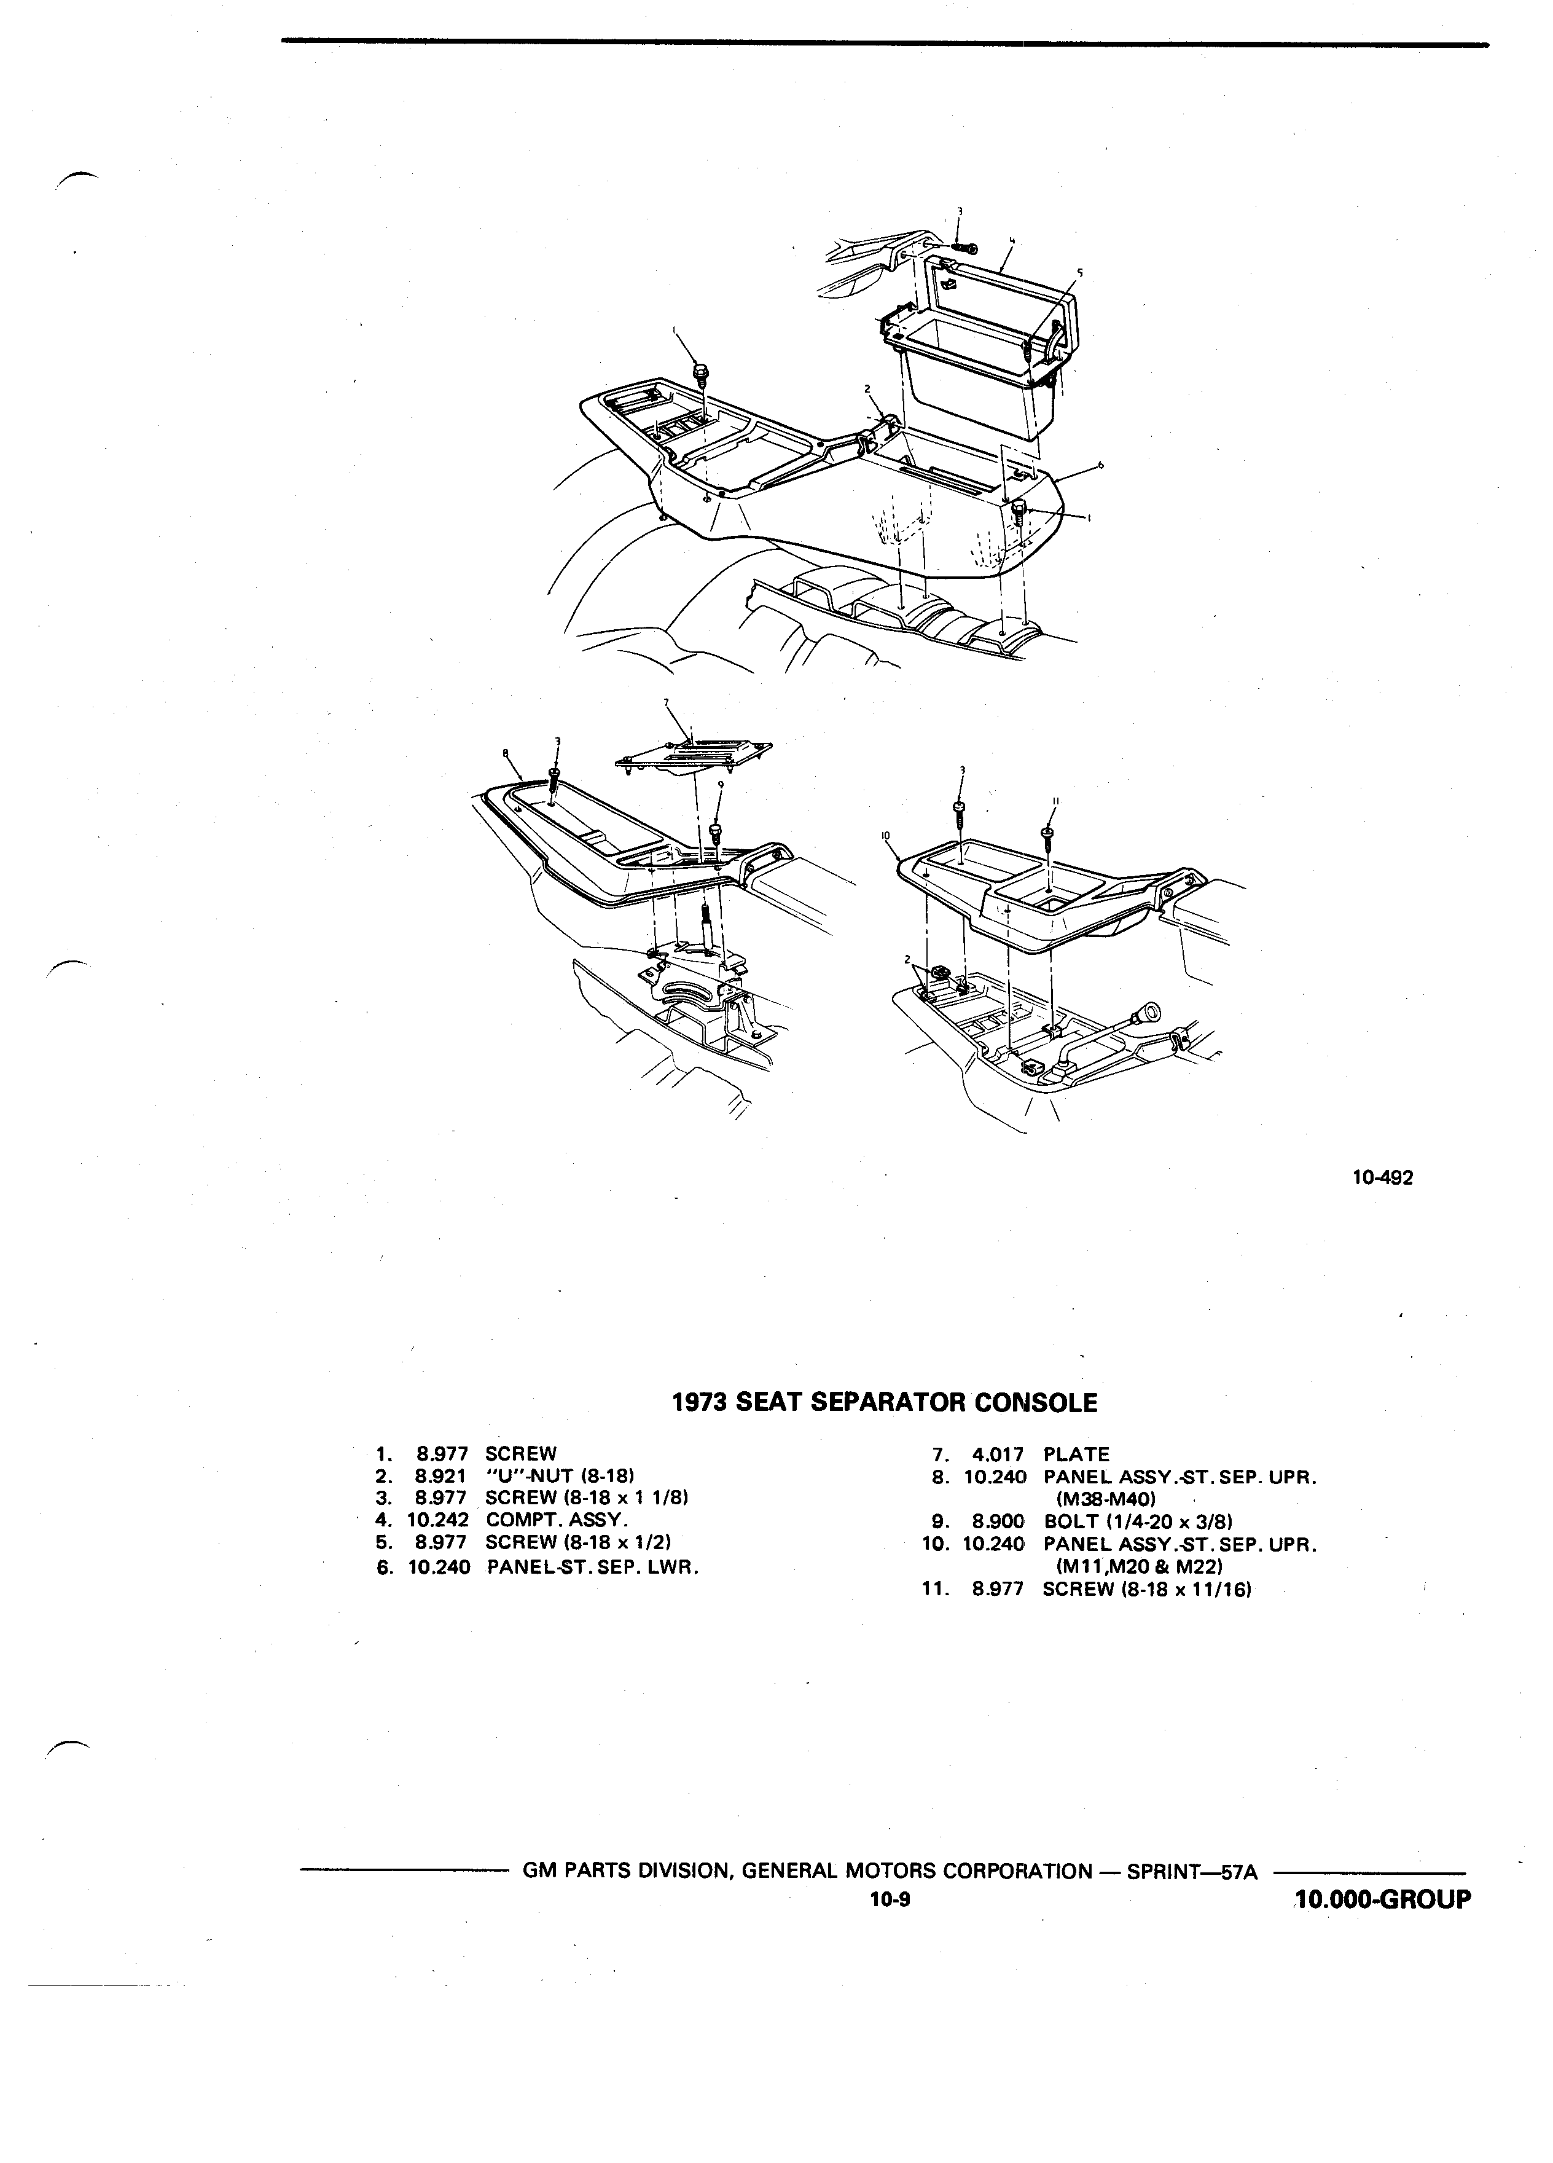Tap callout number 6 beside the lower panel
tap(1100, 465)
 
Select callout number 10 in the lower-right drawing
tap(886, 836)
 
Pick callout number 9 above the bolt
tap(721, 784)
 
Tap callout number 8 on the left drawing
tap(505, 753)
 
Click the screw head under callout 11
tap(1048, 833)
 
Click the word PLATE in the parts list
tap(1076, 1454)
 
